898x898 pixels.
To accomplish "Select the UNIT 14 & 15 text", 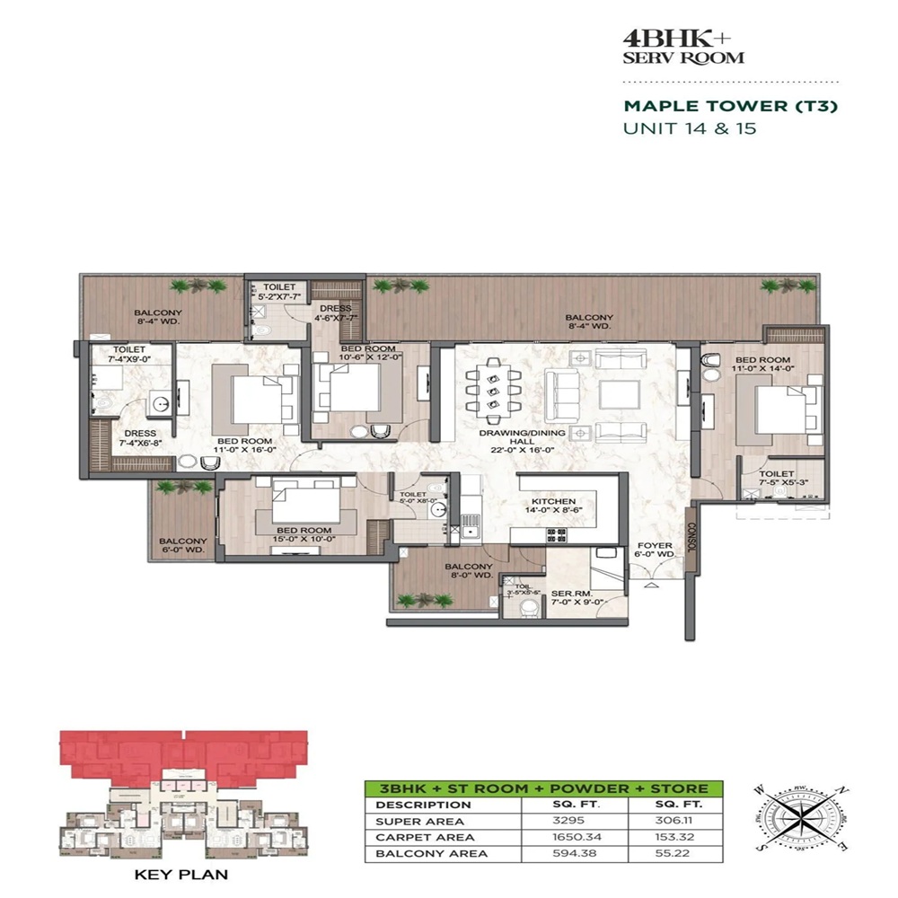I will click(x=690, y=128).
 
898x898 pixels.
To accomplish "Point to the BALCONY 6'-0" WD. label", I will click(x=183, y=547).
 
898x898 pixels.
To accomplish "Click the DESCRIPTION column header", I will click(x=412, y=805).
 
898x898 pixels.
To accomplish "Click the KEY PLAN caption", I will click(x=180, y=873).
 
